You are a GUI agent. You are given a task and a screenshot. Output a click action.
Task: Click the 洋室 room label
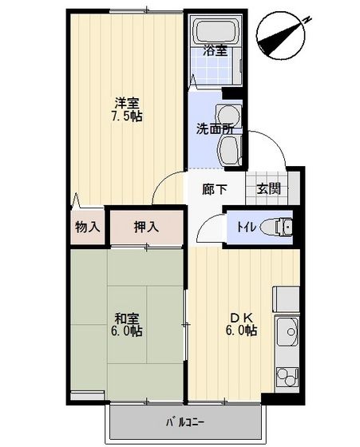click(x=127, y=103)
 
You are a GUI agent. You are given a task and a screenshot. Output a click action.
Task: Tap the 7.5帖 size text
click(x=127, y=117)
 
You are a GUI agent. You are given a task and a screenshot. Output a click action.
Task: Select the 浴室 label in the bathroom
click(x=216, y=50)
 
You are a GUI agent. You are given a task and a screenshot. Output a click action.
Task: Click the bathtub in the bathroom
click(x=216, y=30)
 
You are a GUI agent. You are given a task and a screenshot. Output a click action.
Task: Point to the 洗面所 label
click(x=215, y=129)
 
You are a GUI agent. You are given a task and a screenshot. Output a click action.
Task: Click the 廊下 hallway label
click(x=215, y=189)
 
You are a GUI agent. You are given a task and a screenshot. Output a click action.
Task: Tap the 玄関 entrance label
click(x=268, y=188)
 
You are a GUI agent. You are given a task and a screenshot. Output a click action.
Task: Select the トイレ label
click(x=247, y=227)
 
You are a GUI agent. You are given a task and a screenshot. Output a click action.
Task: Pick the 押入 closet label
click(x=146, y=227)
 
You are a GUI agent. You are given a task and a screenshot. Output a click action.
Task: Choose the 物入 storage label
click(x=88, y=227)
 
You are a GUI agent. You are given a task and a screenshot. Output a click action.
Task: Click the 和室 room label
click(x=127, y=318)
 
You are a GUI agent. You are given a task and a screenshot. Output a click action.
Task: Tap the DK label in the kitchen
click(x=242, y=318)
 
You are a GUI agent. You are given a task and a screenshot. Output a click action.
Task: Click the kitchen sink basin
click(x=288, y=331)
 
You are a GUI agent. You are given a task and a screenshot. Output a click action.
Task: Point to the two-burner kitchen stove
click(x=287, y=376)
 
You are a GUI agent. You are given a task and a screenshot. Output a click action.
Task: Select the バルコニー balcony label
click(x=184, y=421)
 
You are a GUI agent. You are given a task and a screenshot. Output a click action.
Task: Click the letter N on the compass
click(x=307, y=20)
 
